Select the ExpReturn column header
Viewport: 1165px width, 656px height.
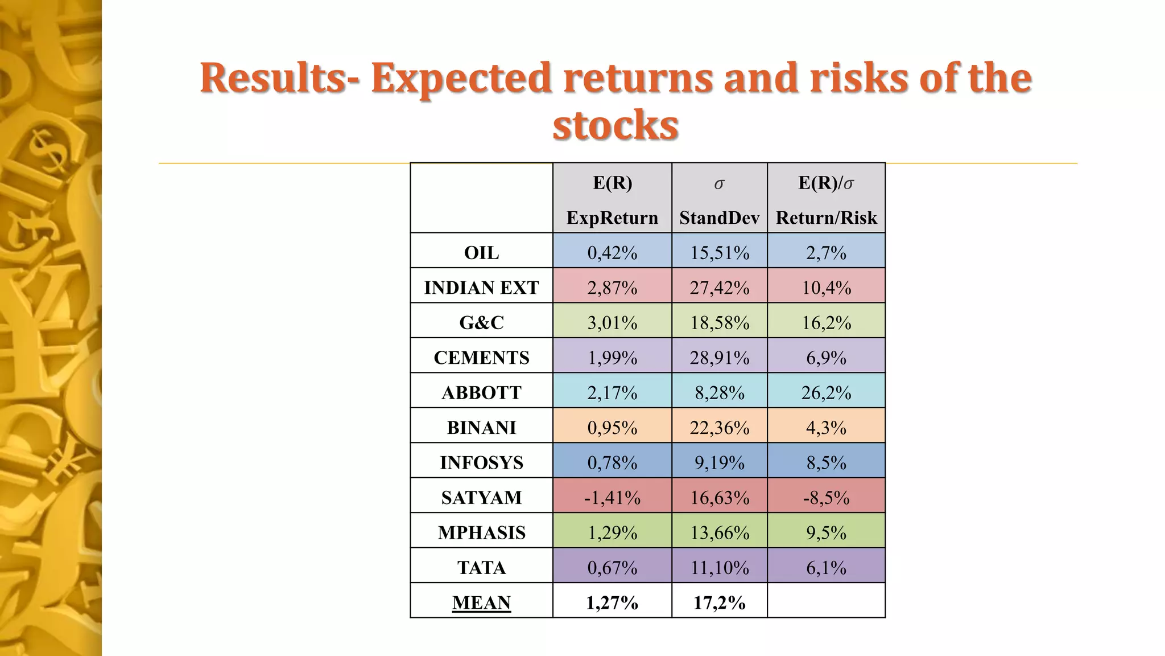tap(612, 218)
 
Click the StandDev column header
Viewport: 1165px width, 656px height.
tap(719, 218)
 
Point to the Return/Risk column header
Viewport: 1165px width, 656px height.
tap(826, 218)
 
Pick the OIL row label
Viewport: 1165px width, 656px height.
tap(481, 252)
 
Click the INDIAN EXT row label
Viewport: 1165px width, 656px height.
tap(481, 288)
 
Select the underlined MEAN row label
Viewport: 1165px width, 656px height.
tap(481, 602)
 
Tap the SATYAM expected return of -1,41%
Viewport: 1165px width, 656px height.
tap(612, 498)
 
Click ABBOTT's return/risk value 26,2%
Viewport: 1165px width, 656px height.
tap(826, 392)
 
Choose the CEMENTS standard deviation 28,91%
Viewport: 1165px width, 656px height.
tap(719, 358)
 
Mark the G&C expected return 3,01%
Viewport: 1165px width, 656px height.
tap(612, 323)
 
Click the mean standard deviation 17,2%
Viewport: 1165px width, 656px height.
tap(719, 602)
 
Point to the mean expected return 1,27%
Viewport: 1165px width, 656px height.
tap(612, 602)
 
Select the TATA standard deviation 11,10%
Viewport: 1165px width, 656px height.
tap(719, 568)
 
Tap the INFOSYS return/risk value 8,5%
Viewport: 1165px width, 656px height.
tap(826, 462)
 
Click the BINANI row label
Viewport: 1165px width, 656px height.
tap(481, 428)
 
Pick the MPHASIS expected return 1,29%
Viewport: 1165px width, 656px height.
tap(612, 532)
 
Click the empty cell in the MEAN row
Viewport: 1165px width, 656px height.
tap(826, 601)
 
